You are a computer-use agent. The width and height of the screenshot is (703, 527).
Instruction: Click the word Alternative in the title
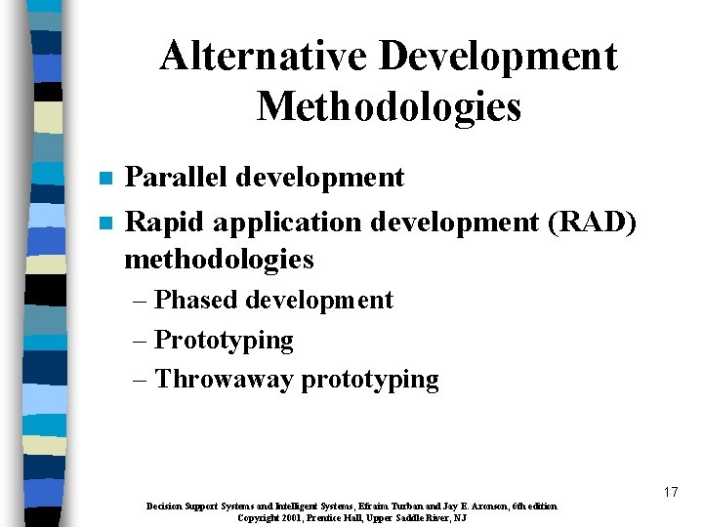click(x=263, y=57)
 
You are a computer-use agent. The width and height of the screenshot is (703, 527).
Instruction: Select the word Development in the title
click(x=498, y=57)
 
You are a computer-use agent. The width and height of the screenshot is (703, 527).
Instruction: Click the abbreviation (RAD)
click(x=595, y=222)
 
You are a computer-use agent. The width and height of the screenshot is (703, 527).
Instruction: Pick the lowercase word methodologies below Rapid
click(x=220, y=259)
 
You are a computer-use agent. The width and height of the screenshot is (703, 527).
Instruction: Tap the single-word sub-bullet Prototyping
click(x=224, y=341)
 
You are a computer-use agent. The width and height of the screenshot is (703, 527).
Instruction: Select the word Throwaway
click(x=224, y=379)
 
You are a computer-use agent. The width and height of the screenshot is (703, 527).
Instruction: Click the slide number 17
click(x=670, y=492)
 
